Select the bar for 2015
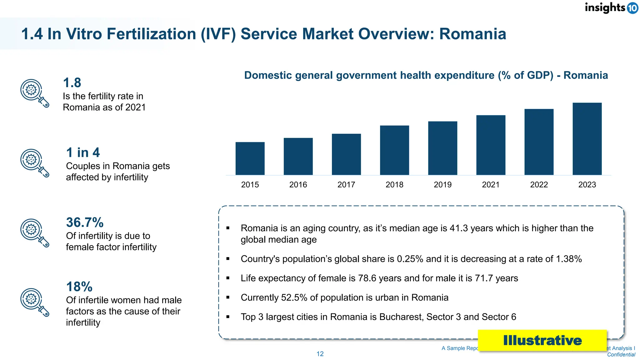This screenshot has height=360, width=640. pyautogui.click(x=250, y=158)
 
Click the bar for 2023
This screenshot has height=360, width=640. pyautogui.click(x=587, y=139)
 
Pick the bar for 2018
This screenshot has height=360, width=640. pyautogui.click(x=394, y=150)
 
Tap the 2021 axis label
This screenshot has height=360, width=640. pyautogui.click(x=491, y=185)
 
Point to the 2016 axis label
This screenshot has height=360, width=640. pyautogui.click(x=298, y=185)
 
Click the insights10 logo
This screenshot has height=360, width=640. pyautogui.click(x=611, y=8)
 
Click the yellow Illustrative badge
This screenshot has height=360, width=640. pyautogui.click(x=542, y=340)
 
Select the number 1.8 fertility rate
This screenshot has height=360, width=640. pyautogui.click(x=72, y=83)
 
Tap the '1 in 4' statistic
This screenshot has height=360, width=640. pyautogui.click(x=83, y=152)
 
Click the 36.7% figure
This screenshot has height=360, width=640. pyautogui.click(x=85, y=222)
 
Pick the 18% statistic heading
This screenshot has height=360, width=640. pyautogui.click(x=79, y=287)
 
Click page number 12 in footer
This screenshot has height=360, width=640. pyautogui.click(x=320, y=354)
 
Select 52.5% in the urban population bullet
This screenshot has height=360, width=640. pyautogui.click(x=294, y=297)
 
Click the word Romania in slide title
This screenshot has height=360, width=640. pyautogui.click(x=472, y=34)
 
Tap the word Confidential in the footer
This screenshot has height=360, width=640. pyautogui.click(x=621, y=354)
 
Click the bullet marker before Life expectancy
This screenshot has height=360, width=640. pyautogui.click(x=228, y=278)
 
